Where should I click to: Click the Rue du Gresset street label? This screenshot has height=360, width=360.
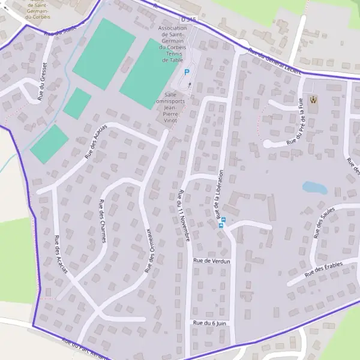43,81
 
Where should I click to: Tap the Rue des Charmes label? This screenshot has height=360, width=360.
103,221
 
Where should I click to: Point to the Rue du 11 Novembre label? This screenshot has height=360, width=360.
184,216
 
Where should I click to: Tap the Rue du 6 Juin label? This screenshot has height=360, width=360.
209,323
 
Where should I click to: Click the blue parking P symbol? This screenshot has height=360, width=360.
187,72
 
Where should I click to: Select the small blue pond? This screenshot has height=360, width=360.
314,187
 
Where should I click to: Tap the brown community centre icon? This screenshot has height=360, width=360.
311,98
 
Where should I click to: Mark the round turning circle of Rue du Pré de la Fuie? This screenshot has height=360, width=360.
269,145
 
